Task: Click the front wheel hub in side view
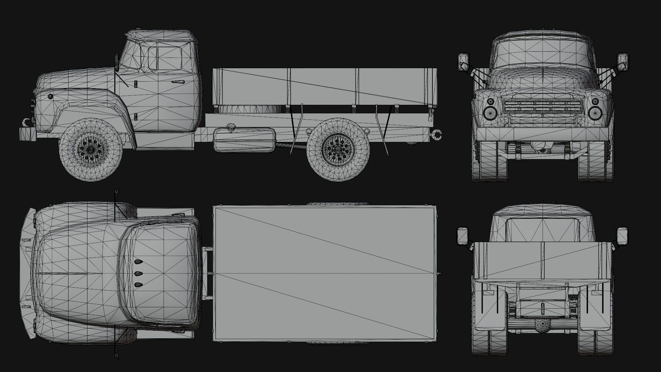[91, 150]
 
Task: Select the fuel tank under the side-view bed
[244, 139]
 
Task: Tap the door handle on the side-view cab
[178, 82]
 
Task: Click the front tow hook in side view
[26, 122]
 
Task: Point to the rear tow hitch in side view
[438, 135]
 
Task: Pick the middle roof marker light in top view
[138, 274]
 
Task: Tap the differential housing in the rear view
[542, 325]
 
